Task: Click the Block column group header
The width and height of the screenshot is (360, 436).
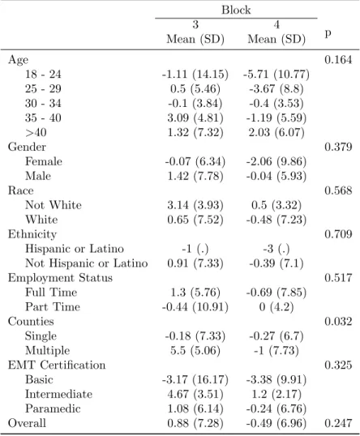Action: (236, 10)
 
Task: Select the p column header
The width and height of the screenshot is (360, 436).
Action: (328, 33)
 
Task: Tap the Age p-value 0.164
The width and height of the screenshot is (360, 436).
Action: (338, 59)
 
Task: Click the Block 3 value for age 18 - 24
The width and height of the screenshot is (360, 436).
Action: (195, 75)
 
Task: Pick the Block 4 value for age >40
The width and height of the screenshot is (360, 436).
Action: (276, 132)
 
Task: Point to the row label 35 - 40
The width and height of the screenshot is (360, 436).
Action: (43, 118)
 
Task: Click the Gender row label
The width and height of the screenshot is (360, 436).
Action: (27, 147)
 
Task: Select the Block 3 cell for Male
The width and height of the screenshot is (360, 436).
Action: (195, 176)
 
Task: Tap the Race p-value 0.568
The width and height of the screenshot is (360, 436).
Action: (338, 190)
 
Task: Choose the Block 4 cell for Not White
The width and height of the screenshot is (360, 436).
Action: (276, 205)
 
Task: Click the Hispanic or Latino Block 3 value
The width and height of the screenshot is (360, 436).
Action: (195, 249)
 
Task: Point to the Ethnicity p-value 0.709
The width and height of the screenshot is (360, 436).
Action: (338, 234)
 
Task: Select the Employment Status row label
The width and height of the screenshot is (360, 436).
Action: (60, 278)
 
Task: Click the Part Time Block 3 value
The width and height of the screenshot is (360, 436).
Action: (195, 307)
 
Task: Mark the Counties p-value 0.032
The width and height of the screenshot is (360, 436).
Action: (338, 322)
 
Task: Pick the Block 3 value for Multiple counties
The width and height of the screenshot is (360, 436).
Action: (195, 351)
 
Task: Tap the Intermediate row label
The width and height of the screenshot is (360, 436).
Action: (58, 394)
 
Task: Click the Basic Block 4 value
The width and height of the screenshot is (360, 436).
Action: (276, 379)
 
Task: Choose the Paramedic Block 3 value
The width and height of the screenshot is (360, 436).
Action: (195, 408)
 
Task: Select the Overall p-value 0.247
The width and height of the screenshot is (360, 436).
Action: (338, 423)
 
